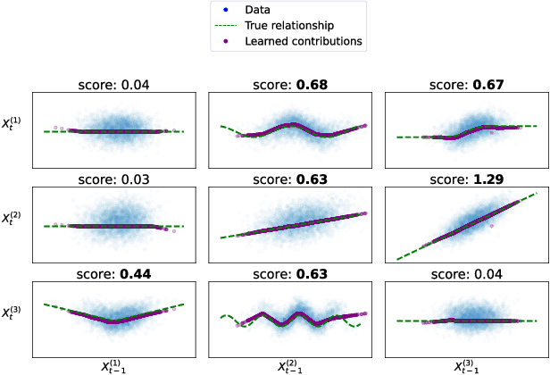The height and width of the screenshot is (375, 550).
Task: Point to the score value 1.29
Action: click(487, 179)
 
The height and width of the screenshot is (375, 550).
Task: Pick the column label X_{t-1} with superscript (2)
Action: click(291, 364)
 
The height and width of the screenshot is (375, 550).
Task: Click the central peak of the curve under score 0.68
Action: click(292, 124)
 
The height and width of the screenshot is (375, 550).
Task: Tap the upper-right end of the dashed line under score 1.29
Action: click(538, 192)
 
